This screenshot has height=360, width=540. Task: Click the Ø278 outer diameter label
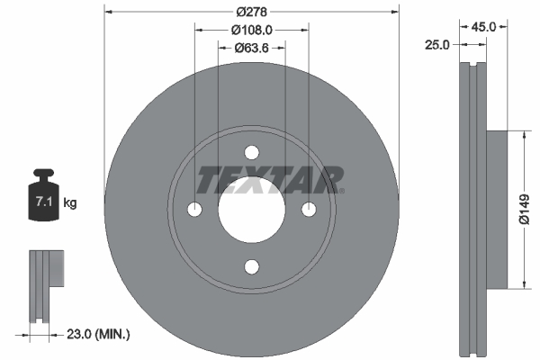252,12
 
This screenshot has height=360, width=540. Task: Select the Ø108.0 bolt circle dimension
253,30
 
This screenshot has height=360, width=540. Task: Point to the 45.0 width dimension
484,27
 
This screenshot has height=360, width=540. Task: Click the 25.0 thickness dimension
437,46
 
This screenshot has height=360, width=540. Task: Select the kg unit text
70,203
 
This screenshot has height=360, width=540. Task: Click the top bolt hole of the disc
252,152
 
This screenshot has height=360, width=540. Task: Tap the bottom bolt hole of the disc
252,265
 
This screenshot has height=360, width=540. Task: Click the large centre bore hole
252,209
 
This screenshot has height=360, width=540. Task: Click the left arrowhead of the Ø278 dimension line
109,12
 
